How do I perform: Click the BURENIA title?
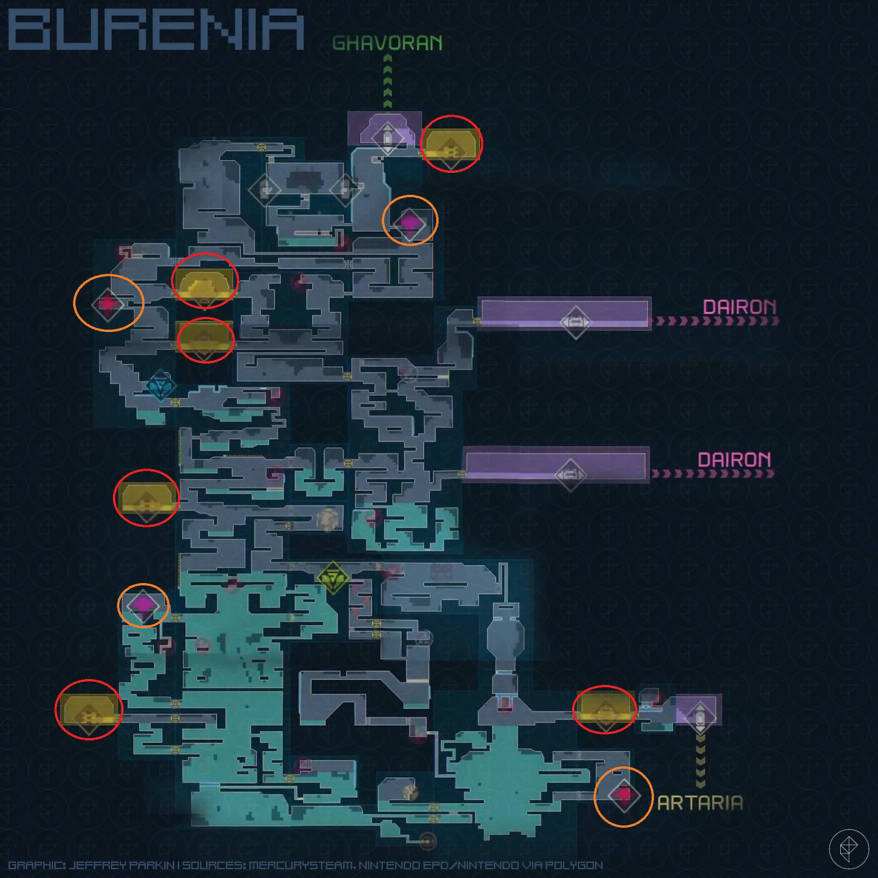[156, 30]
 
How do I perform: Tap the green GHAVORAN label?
[388, 43]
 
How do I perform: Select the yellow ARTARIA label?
[700, 803]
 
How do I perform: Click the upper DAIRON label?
[739, 307]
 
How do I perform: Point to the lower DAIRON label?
[734, 460]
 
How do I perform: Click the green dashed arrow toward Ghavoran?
[388, 83]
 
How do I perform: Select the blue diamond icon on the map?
[161, 386]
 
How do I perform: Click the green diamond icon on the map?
[333, 578]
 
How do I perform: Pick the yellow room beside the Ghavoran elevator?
[451, 143]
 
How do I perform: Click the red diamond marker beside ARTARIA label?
[624, 796]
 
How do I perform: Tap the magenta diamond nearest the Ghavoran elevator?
[410, 223]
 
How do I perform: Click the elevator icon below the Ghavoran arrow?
[388, 138]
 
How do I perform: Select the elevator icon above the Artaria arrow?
[700, 717]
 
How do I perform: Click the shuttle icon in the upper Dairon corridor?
[576, 322]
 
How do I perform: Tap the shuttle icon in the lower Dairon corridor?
[570, 475]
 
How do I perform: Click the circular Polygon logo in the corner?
[849, 849]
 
